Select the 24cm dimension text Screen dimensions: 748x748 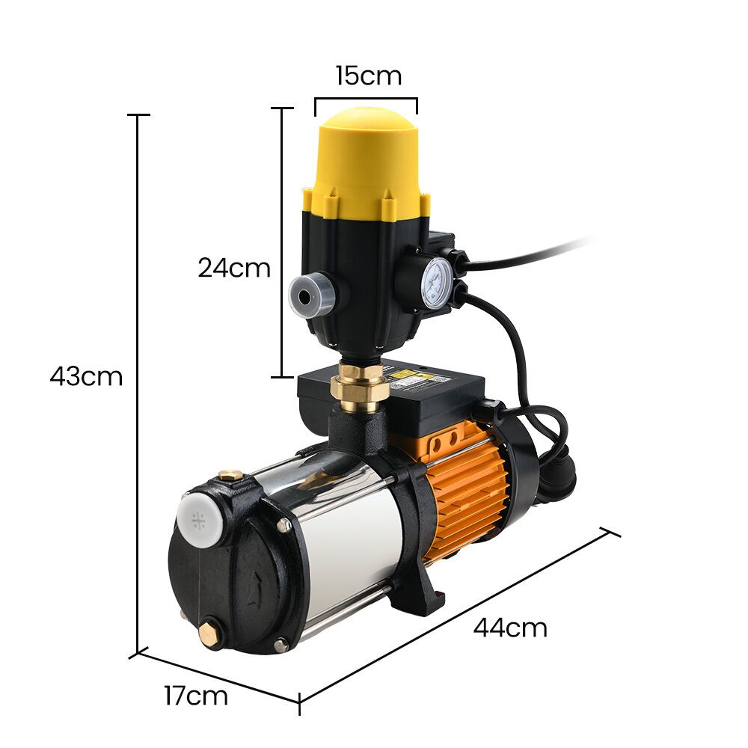234,268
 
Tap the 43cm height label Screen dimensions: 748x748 86,376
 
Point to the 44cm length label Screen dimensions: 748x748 510,628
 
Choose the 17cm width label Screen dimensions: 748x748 196,696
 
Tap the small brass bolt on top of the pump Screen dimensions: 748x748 230,476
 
